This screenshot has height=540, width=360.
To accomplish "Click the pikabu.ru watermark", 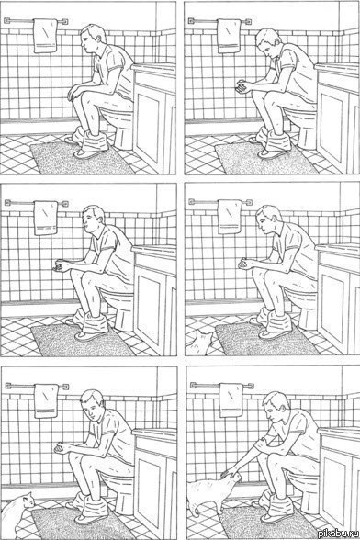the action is pos(339,534).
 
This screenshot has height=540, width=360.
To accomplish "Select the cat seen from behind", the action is pos(200,343).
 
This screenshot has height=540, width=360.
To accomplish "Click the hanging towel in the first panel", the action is pos(45,36).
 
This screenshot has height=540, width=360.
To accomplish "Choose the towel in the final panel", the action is pos(232,400).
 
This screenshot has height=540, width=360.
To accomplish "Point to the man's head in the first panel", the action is pos(93,38).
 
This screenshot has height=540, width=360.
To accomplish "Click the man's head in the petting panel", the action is pos(275,407).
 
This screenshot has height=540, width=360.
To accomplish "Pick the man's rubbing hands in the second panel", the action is pos(242,86).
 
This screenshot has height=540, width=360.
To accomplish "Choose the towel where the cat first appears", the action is pos(230,217).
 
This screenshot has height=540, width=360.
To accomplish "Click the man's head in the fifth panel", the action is pos(93,404).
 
